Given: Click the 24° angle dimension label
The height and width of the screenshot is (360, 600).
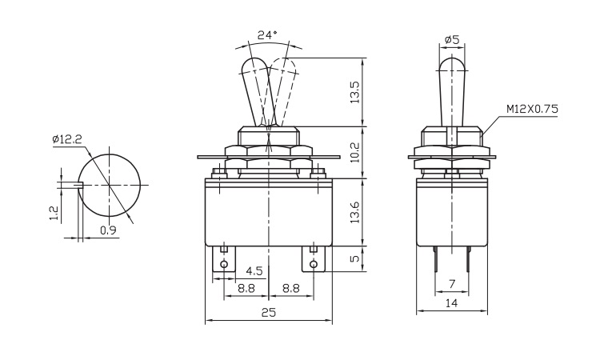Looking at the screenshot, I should pyautogui.click(x=268, y=34).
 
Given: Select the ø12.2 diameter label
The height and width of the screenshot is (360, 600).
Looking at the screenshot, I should pyautogui.click(x=67, y=139).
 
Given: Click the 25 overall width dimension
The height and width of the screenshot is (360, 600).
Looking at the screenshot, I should pyautogui.click(x=269, y=313).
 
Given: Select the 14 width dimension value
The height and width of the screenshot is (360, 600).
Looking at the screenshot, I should pyautogui.click(x=452, y=302).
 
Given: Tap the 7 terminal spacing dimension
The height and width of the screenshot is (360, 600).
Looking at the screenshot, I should pyautogui.click(x=452, y=284).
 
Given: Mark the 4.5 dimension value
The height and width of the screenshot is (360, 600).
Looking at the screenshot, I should pyautogui.click(x=254, y=270).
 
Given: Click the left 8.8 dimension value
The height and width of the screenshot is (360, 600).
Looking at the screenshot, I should pyautogui.click(x=246, y=286).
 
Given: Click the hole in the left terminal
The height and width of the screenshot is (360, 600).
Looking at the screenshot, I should pyautogui.click(x=224, y=265).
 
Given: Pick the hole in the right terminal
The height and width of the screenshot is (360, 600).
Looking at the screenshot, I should pyautogui.click(x=313, y=265).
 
